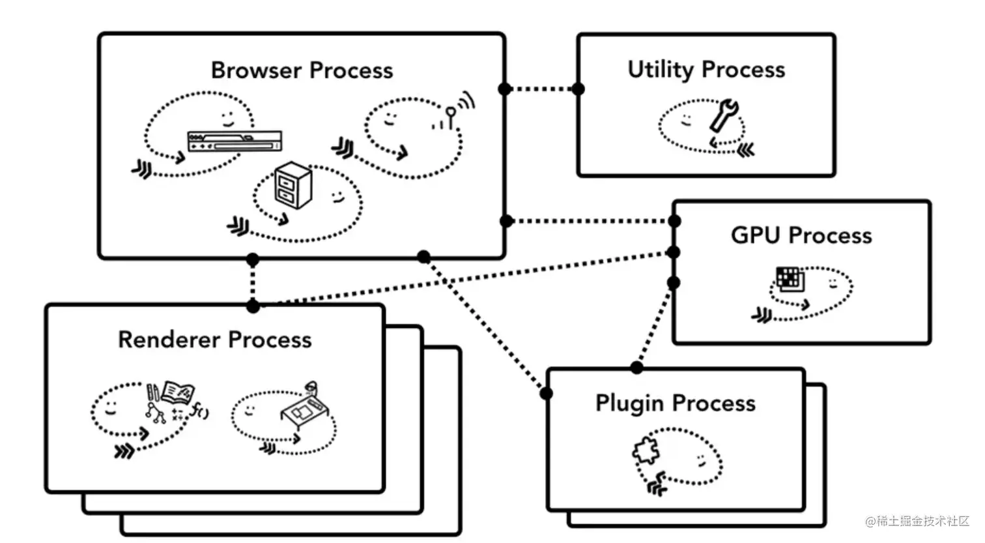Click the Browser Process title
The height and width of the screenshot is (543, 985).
302,70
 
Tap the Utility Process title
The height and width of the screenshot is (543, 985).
706,70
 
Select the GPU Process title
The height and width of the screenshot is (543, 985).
801,235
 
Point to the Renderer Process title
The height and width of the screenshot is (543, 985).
214,340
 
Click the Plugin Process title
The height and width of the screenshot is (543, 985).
676,404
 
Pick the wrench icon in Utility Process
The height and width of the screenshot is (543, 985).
723,116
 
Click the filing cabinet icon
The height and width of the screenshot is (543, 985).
293,185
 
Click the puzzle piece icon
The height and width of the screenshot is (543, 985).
646,450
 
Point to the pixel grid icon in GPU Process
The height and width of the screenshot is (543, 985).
790,278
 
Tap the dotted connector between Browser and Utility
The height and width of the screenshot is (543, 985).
541,89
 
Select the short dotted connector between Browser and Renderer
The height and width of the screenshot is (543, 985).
253,283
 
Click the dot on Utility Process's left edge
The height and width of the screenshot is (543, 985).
578,89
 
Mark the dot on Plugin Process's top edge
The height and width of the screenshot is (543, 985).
636,368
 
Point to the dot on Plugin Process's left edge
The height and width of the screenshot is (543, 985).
546,393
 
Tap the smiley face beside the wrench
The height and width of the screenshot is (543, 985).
686,120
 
